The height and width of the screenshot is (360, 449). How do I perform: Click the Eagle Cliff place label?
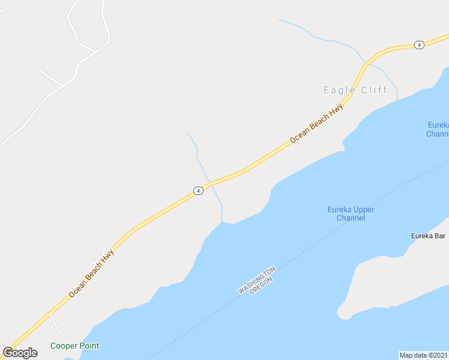point(355,90)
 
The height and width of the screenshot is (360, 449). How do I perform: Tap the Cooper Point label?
point(74,346)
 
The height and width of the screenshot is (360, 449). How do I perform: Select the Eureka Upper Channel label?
point(351,214)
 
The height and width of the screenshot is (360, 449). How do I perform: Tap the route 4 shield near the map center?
point(198,190)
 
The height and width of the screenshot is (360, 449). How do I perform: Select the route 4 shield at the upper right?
point(419,45)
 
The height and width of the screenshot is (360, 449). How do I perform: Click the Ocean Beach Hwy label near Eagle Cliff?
point(316,124)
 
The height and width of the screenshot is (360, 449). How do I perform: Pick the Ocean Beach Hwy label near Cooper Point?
point(91,274)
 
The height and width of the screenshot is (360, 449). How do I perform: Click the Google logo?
point(20,353)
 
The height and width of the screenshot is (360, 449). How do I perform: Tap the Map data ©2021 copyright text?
point(424,355)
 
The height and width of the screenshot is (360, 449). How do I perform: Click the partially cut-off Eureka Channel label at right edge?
point(438,129)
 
